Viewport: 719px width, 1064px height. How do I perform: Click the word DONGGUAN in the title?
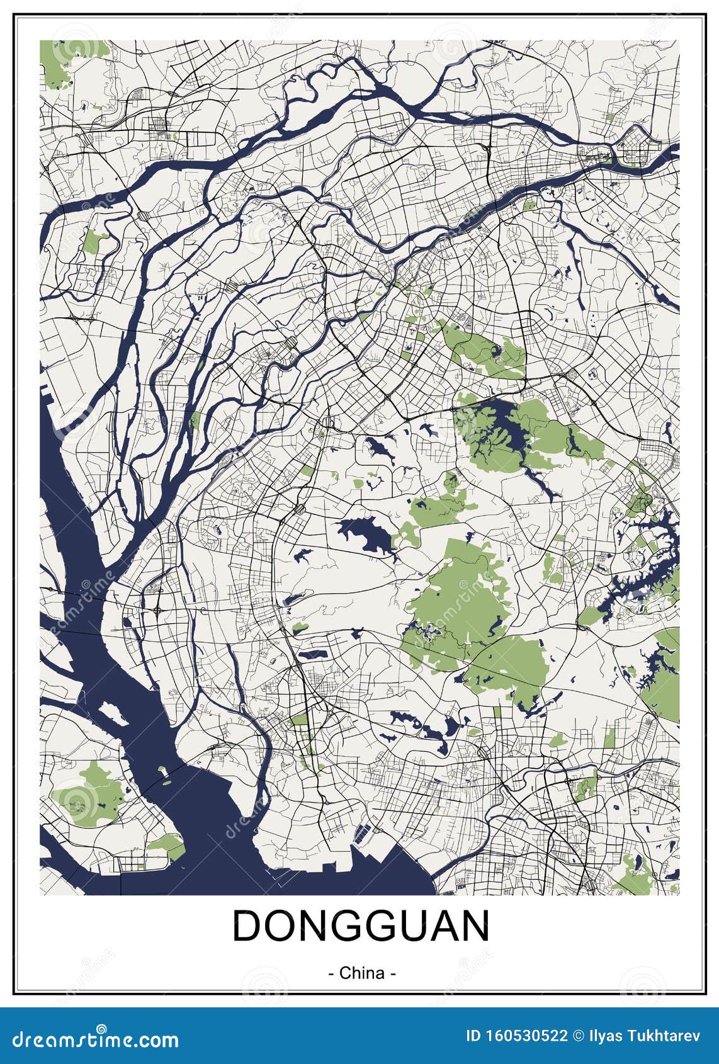click(361, 926)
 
